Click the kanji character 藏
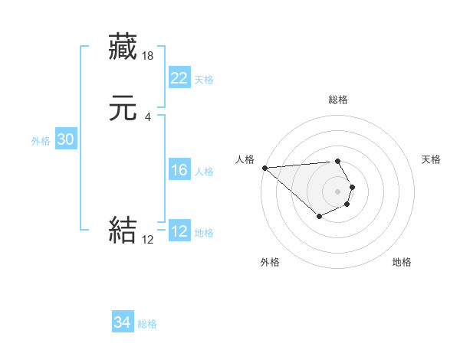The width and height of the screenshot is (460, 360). point(123,46)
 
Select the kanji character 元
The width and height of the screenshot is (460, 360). point(123,110)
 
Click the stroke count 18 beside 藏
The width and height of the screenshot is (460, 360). point(149,56)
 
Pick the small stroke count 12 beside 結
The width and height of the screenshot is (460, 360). point(148,240)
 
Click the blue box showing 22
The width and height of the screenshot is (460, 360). point(179,78)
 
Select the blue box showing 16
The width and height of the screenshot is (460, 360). point(179,170)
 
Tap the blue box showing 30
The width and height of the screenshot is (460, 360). point(65,139)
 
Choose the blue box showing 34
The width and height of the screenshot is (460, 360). point(123,322)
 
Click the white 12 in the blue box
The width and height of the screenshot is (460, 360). point(179,231)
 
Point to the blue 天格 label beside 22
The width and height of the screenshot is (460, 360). point(204,80)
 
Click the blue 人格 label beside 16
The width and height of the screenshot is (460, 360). point(204,172)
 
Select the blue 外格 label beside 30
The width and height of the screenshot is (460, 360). point(41,141)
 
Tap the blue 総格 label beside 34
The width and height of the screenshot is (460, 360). point(147,324)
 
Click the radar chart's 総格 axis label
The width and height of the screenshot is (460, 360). point(338,100)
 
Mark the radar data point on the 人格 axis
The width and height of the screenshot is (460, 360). point(264,168)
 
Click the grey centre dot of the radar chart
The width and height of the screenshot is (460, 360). point(338,191)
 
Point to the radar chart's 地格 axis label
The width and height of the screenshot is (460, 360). point(402,262)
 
